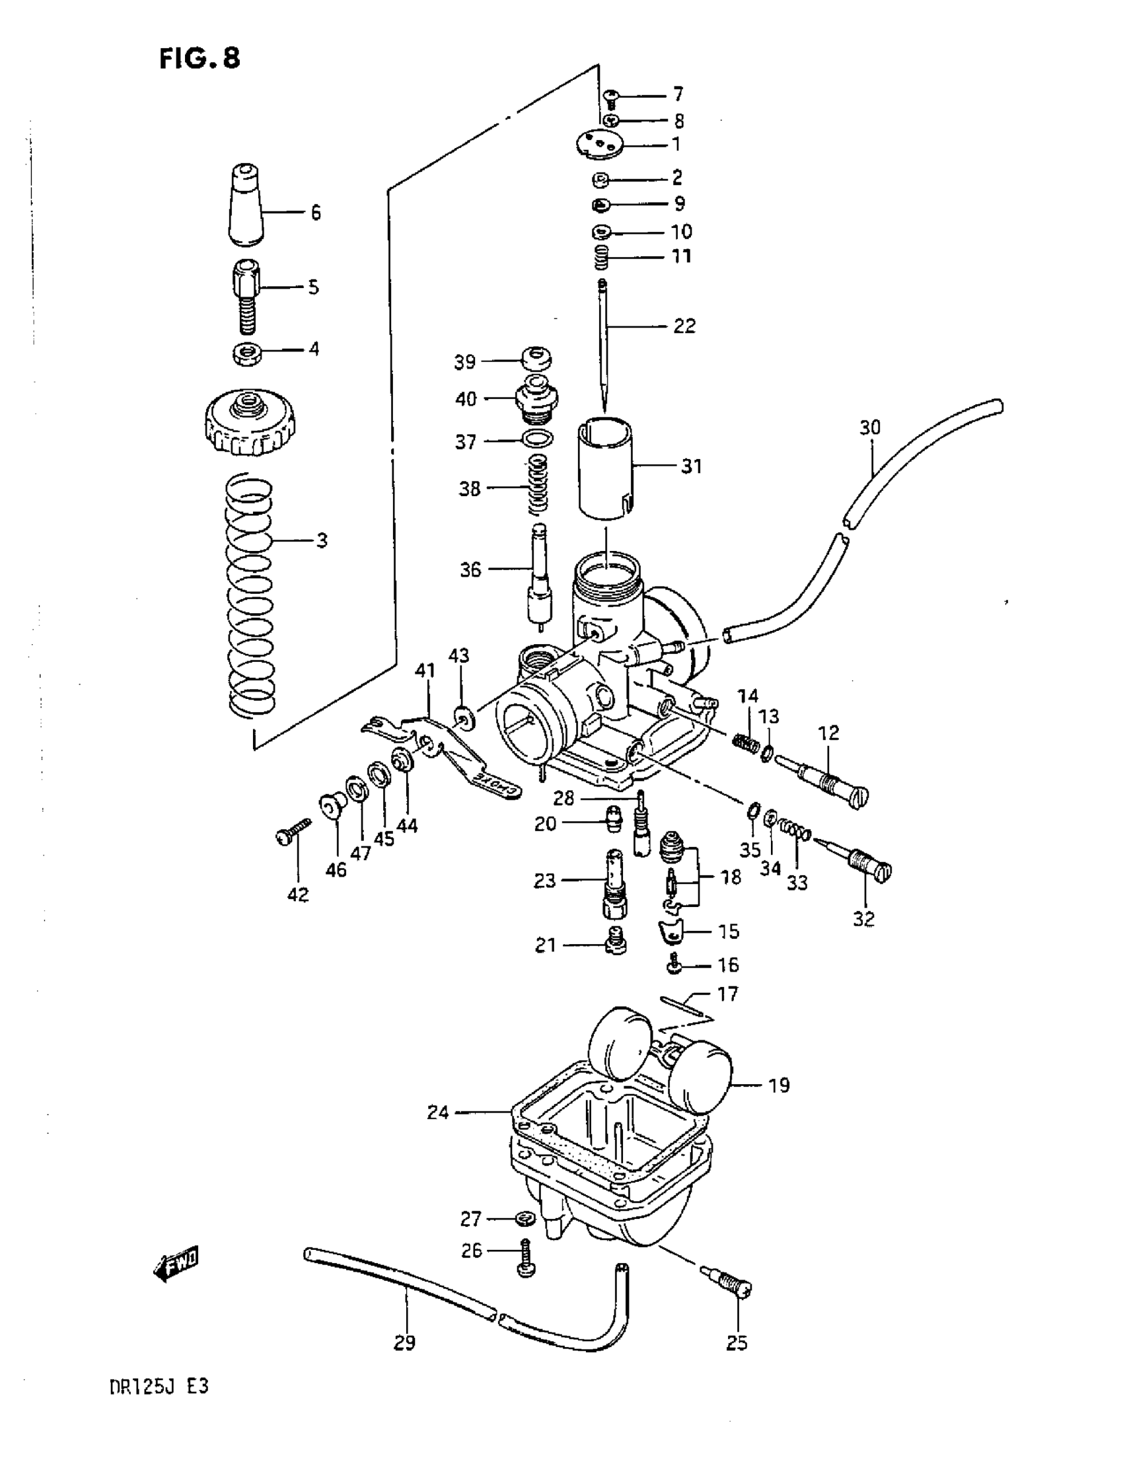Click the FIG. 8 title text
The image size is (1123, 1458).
(x=199, y=59)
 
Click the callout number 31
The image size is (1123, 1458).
(x=692, y=466)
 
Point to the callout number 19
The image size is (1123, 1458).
(x=778, y=1085)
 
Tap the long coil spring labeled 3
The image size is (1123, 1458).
(x=250, y=594)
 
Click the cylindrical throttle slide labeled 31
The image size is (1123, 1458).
(x=605, y=467)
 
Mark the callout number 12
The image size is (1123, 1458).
(x=828, y=733)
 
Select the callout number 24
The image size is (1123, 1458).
(x=438, y=1112)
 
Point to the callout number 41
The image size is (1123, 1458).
(x=425, y=671)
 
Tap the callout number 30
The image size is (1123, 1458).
(x=870, y=427)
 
